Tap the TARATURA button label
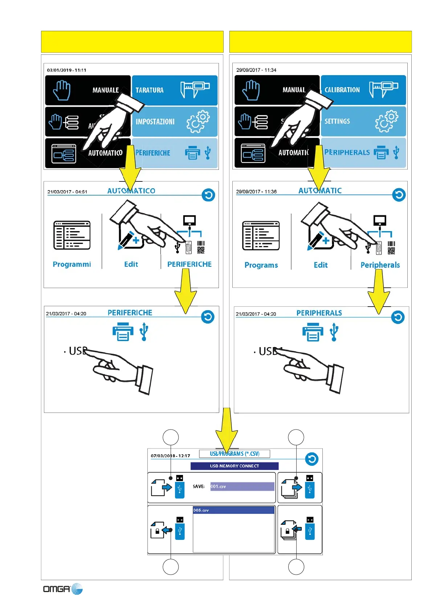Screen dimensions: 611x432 pos(150,90)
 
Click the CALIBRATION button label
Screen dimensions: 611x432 pos(342,90)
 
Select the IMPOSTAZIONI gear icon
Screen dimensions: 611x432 pos(198,122)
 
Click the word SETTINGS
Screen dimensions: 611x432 pos(337,121)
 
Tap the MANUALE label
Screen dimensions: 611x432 pos(105,90)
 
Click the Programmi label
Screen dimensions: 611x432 pos(72,264)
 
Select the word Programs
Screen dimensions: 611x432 pos(261,265)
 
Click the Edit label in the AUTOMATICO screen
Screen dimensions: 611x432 pos(131,264)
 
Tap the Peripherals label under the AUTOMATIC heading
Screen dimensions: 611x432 pos(380,265)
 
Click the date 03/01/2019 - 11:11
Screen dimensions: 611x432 pos(67,70)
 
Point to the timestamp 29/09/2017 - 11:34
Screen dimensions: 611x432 pos(256,70)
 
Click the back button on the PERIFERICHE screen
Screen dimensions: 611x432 pos(208,317)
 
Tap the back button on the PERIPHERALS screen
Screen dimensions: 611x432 pos(398,317)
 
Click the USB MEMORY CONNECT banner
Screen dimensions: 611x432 pos(235,466)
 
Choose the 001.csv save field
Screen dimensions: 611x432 pos(242,487)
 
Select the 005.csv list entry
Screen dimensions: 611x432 pos(233,510)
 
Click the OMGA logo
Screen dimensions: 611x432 pos(63,589)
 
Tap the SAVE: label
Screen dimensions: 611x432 pos(199,487)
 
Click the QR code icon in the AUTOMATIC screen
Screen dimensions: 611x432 pos(391,250)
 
